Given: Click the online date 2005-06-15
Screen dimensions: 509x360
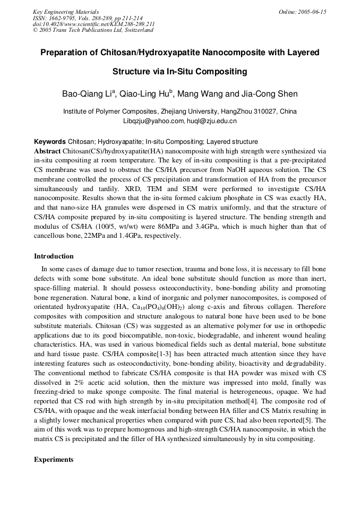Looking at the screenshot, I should pyautogui.click(x=311, y=12).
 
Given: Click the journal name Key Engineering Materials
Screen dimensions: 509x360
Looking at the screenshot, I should pyautogui.click(x=66, y=12).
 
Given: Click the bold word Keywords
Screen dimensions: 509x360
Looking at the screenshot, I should pyautogui.click(x=50, y=142).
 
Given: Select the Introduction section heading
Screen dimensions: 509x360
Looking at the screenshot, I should pyautogui.click(x=54, y=256).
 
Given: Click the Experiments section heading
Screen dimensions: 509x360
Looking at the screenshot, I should pyautogui.click(x=54, y=459).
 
